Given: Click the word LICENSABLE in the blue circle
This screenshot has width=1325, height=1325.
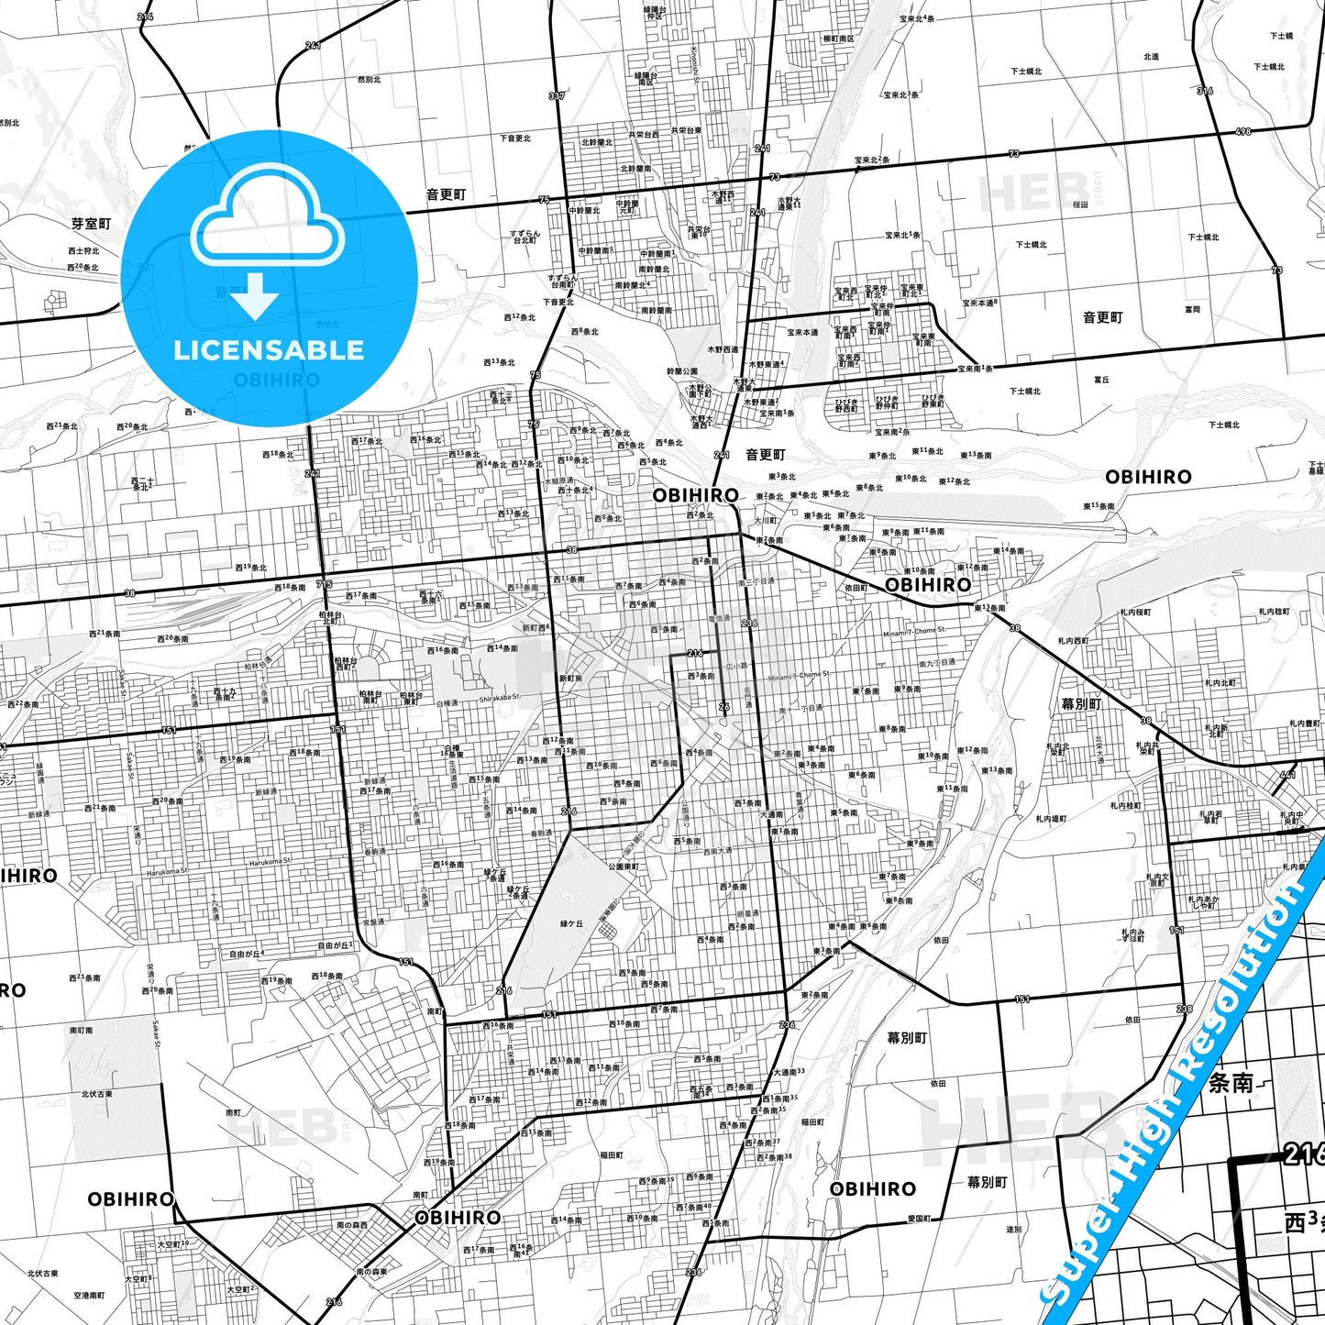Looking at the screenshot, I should click(x=269, y=350).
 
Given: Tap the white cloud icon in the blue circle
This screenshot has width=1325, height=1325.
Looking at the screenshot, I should click(x=269, y=220).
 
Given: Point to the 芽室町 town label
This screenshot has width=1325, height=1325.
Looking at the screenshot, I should click(x=92, y=224).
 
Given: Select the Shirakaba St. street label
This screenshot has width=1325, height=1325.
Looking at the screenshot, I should click(x=499, y=698).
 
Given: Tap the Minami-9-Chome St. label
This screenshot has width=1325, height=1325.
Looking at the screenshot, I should click(x=799, y=675).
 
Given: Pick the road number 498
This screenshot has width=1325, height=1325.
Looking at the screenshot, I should click(x=1242, y=132).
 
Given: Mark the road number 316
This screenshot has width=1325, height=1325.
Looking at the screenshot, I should click(x=1205, y=91).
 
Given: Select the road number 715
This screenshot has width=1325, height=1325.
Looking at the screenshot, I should click(x=324, y=584).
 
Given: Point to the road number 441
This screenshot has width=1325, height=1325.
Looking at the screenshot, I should click(x=1287, y=775).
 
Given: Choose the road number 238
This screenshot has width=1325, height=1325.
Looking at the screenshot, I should click(x=1185, y=1010).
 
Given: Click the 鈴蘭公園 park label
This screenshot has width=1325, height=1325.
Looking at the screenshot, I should click(x=681, y=371).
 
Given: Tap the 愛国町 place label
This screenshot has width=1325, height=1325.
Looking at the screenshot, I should click(x=920, y=1219).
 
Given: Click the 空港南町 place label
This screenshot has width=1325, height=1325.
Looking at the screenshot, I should click(x=89, y=1296).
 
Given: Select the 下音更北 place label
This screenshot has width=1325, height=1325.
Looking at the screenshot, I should click(x=515, y=138).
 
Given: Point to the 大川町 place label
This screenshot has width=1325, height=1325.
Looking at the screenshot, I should click(x=766, y=520).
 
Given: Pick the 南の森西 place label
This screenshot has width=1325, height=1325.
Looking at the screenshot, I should click(x=352, y=1225).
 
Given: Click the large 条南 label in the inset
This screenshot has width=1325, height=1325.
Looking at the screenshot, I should click(x=1231, y=1083).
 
